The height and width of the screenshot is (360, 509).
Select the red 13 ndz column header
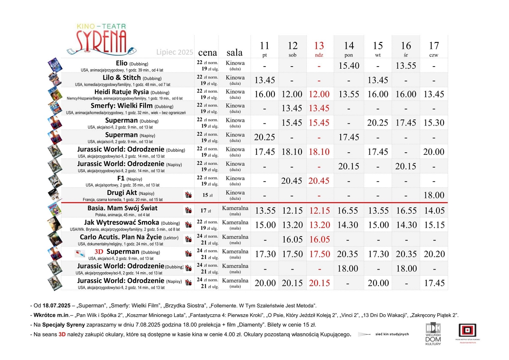[319, 49]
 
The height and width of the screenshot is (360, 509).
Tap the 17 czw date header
[433, 49]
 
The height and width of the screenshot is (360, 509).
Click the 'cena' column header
[207, 53]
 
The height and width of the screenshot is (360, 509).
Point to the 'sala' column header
[235, 53]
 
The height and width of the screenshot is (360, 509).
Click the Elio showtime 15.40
[349, 66]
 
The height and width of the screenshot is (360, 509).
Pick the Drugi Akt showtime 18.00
[433, 195]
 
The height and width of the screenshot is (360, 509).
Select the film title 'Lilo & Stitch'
[122, 78]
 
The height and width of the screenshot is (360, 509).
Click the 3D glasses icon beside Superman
[80, 254]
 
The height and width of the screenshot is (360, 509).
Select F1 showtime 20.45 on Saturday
[292, 181]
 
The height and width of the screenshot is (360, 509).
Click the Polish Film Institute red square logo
[467, 331]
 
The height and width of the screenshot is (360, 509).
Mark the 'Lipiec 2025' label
[175, 53]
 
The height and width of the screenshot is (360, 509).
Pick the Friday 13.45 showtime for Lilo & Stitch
[265, 80]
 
